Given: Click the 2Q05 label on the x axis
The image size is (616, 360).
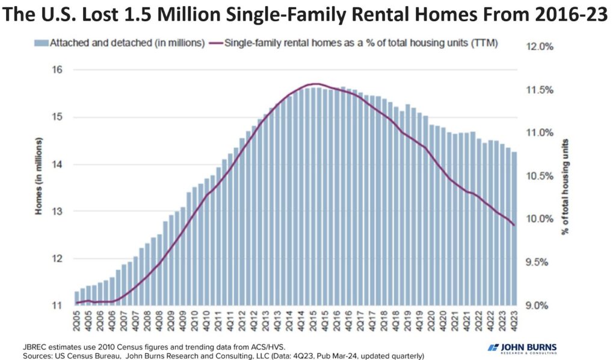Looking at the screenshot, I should pos(77,320).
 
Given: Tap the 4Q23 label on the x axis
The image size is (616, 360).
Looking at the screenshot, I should pos(514,320).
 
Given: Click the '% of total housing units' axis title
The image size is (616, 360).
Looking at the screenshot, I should pos(565,186).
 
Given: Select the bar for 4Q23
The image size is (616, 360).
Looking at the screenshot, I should pos(514,229).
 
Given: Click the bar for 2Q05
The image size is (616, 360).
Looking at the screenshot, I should pos(76,299).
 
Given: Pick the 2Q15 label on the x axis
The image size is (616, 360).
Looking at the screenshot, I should pos(316,320).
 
